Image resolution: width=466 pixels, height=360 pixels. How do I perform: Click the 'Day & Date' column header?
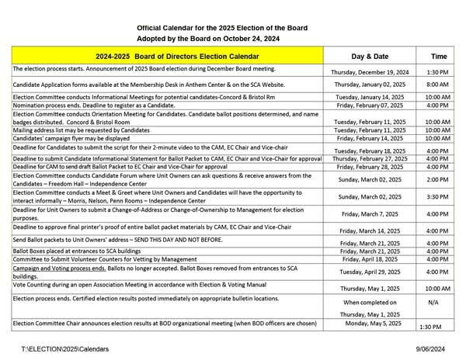click(370, 56)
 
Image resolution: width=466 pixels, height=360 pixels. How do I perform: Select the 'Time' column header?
click(439, 56)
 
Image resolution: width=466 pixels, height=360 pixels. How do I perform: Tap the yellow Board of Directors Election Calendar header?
click(167, 56)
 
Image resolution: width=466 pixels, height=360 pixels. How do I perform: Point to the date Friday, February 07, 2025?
click(370, 105)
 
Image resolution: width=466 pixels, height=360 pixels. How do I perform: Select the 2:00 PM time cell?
click(438, 179)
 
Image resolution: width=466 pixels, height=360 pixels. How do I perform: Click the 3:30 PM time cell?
click(438, 198)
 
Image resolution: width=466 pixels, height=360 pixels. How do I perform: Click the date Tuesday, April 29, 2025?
click(370, 273)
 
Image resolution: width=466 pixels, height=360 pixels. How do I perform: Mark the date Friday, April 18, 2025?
click(370, 260)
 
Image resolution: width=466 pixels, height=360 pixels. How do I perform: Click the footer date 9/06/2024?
click(435, 350)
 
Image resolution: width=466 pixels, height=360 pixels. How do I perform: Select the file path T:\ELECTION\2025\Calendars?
click(66, 350)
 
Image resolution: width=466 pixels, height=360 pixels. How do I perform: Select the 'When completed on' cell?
click(370, 301)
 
